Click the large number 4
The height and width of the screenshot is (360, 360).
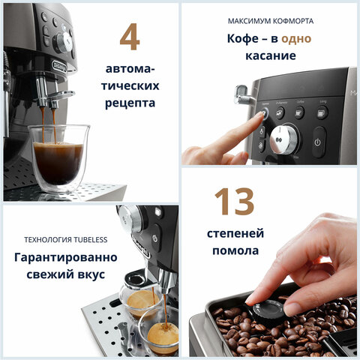click(129, 37)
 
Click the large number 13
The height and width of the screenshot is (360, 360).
click(234, 202)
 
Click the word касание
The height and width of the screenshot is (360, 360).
click(270, 56)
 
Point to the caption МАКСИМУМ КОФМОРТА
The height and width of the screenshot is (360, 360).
click(271, 20)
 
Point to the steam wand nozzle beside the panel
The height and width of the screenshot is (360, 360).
click(242, 94)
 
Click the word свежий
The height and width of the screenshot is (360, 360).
click(40, 275)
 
